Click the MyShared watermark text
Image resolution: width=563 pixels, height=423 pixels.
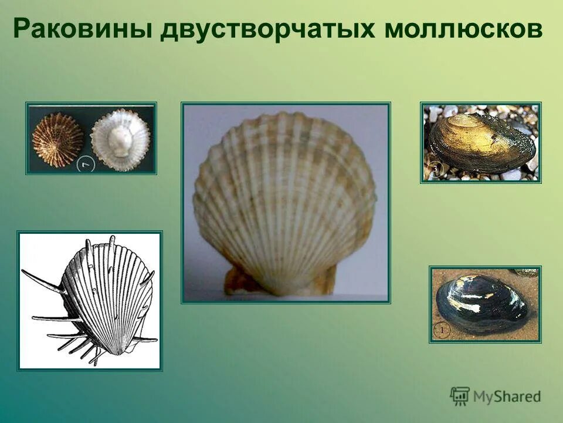[x=507, y=397]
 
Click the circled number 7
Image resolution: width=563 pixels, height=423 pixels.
[x=86, y=164]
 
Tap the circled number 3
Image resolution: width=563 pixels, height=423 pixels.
[x=436, y=170]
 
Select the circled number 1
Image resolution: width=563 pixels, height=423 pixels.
[x=442, y=331]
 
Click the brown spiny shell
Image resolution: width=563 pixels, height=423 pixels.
[x=57, y=139]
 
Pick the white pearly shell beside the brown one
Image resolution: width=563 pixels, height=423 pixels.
[x=120, y=140]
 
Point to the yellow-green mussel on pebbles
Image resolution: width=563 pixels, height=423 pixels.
[x=481, y=142]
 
